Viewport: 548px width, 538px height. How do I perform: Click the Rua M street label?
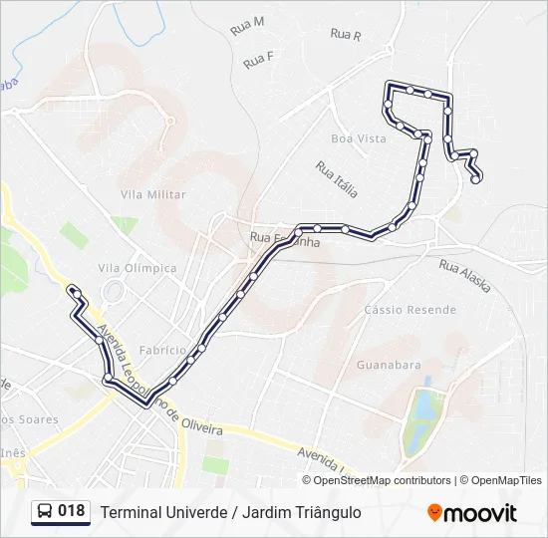point(247,26)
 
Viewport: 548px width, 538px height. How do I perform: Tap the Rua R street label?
point(346,34)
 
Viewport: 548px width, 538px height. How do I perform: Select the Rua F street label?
point(258,60)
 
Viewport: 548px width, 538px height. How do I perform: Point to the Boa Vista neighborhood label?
point(358,138)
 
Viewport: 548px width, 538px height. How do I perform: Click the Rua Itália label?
point(336,178)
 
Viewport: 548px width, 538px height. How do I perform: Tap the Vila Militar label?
point(152,194)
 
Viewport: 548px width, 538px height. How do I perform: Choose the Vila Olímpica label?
point(137,268)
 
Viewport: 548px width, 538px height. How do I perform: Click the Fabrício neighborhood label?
point(163,350)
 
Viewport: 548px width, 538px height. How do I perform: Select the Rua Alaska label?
point(465,275)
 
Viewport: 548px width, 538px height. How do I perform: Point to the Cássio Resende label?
point(410,310)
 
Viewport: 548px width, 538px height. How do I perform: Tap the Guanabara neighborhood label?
point(389,365)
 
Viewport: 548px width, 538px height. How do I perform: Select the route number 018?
point(72,512)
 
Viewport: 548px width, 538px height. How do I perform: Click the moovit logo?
point(472,513)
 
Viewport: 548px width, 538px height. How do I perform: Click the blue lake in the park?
point(424,408)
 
